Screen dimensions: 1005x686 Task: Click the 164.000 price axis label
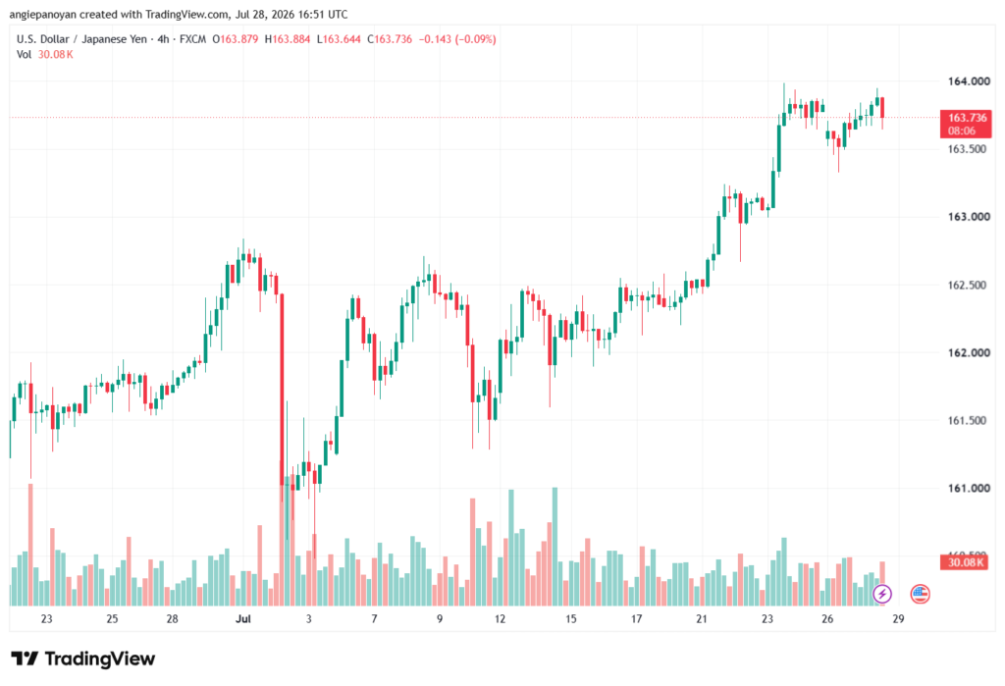[x=969, y=81]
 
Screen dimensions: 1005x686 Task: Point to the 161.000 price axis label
[x=969, y=489]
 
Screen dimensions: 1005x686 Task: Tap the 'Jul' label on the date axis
[x=243, y=619]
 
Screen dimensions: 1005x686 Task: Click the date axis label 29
[x=898, y=619]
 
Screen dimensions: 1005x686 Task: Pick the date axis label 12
[x=500, y=619]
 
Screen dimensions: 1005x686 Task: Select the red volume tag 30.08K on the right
[x=966, y=563]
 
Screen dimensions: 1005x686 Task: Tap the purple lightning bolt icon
[x=882, y=594]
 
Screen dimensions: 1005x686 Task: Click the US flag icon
[x=920, y=594]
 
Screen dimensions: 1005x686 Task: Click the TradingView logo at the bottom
[x=83, y=660]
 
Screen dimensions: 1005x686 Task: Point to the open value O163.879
[x=236, y=39]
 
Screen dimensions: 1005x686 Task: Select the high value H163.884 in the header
[x=288, y=39]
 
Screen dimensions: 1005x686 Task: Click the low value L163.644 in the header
[x=339, y=39]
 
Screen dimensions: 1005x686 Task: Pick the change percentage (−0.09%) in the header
[x=476, y=39]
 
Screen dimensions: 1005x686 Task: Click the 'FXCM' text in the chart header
[x=192, y=39]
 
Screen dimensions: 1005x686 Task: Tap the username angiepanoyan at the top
[x=42, y=14]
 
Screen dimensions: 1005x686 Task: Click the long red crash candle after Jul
[x=282, y=390]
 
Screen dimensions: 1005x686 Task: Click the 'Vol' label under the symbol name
[x=24, y=55]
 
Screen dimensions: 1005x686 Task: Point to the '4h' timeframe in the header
[x=164, y=39]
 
